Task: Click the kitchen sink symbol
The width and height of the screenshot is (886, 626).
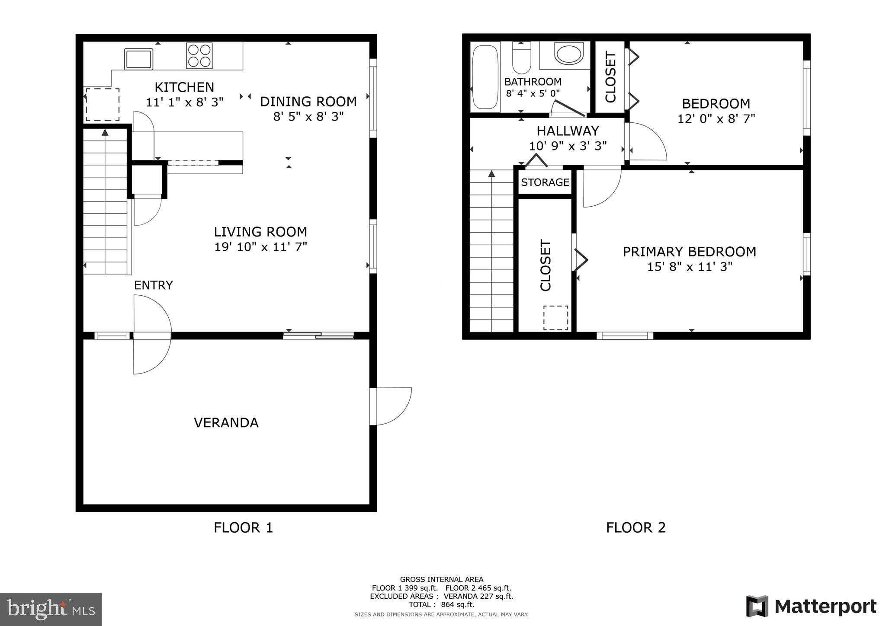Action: (138, 59)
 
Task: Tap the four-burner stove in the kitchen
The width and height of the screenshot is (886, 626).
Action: (199, 56)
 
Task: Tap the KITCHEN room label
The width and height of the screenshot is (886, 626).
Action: (184, 87)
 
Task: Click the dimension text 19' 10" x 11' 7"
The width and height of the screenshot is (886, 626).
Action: (260, 247)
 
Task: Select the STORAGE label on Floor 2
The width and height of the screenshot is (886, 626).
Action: (545, 182)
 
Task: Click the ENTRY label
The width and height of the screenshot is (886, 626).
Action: (153, 285)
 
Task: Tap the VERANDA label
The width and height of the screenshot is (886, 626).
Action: (226, 422)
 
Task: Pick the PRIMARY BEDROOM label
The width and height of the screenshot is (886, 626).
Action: (689, 252)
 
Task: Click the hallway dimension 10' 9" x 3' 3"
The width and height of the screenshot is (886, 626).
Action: (568, 146)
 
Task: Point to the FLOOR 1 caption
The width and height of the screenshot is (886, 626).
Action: (243, 527)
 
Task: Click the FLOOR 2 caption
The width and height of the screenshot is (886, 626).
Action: (636, 527)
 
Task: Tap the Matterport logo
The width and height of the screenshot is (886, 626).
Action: (811, 606)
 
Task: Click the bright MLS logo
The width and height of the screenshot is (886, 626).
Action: (51, 609)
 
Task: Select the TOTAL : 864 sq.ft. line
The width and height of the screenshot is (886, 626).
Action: (441, 605)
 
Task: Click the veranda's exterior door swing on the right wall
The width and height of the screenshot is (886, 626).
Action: (392, 406)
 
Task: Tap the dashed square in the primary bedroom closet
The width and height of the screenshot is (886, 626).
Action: (555, 318)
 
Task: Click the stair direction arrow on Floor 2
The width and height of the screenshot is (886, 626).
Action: (491, 174)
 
